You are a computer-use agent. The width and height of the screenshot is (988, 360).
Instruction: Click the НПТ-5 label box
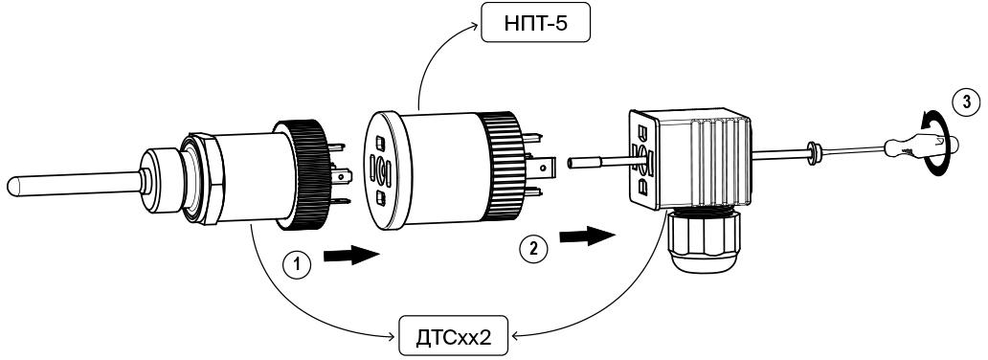pyautogui.click(x=536, y=23)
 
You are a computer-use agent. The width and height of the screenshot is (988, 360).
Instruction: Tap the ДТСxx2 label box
pyautogui.click(x=453, y=335)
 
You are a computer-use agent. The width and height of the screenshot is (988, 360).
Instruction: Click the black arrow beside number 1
pyautogui.click(x=351, y=256)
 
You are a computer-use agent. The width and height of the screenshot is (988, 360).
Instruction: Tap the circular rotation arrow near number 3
pyautogui.click(x=940, y=144)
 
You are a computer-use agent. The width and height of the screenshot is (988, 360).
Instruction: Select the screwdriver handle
pyautogui.click(x=921, y=146)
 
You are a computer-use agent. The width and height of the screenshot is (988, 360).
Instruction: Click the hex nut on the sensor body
pyautogui.click(x=204, y=178)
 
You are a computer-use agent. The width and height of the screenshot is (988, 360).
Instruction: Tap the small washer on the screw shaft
pyautogui.click(x=814, y=153)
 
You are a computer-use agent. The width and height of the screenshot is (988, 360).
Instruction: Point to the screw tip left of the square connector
pyautogui.click(x=572, y=163)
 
